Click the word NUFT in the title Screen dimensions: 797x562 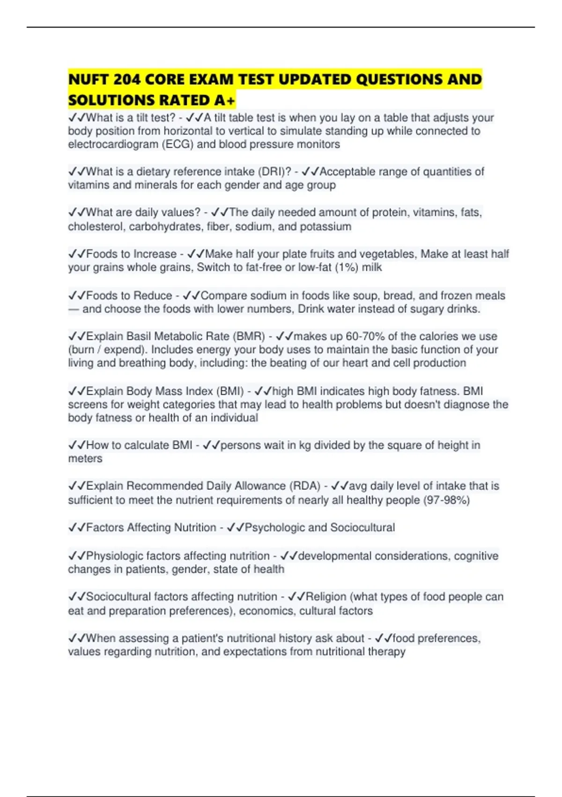click(89, 79)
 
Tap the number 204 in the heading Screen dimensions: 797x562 click(127, 79)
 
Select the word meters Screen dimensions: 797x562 click(85, 459)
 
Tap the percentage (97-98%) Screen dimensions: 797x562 click(446, 500)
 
